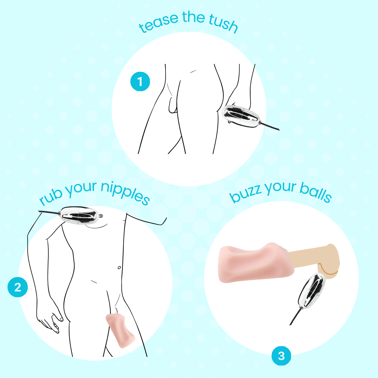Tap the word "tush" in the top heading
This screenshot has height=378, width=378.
(x=224, y=23)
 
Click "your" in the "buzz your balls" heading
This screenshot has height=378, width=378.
(x=280, y=188)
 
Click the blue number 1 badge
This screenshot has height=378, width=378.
(x=140, y=82)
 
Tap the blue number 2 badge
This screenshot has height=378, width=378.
(x=18, y=287)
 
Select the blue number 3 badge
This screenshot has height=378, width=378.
(x=281, y=356)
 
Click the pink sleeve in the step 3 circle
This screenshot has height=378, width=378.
(x=256, y=263)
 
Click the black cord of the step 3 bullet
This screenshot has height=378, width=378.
(x=296, y=317)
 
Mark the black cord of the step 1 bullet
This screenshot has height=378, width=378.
(x=270, y=127)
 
